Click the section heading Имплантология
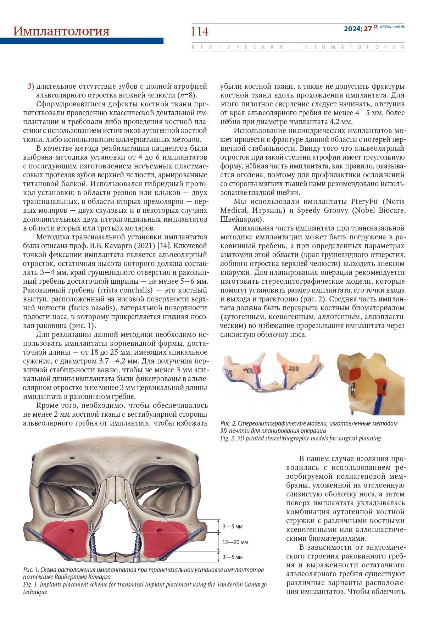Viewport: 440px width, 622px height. tap(61, 31)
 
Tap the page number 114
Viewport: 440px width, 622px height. tap(200, 32)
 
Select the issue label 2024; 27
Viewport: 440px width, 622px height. tap(357, 29)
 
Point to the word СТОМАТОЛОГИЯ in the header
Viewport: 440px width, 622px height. tap(355, 47)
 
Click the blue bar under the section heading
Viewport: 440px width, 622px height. tap(82, 41)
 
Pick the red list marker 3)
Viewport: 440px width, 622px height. tap(30, 86)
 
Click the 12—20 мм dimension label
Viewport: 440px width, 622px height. tap(235, 542)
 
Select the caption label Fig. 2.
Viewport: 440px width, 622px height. tap(227, 438)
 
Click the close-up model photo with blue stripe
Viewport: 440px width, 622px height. tap(371, 384)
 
